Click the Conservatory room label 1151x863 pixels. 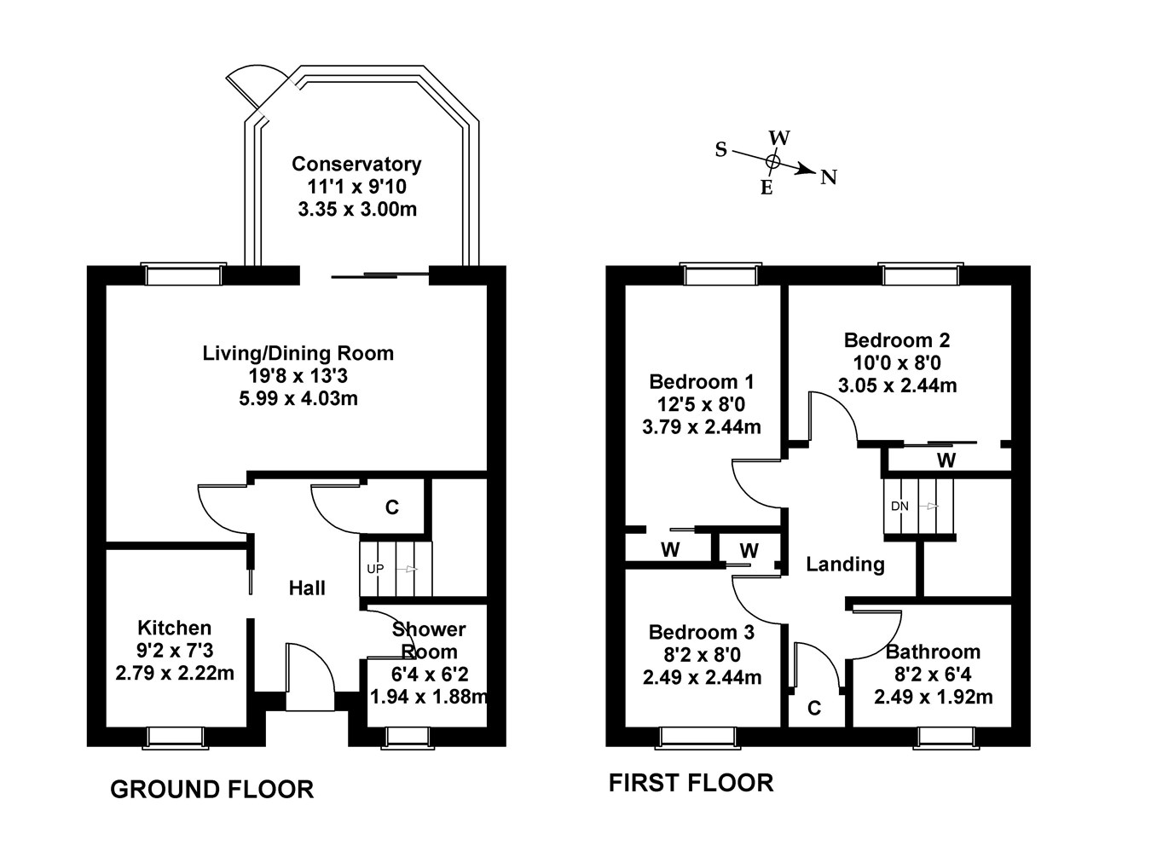click(356, 164)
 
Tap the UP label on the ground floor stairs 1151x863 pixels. click(375, 568)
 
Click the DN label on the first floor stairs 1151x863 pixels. click(899, 506)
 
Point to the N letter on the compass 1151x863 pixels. click(828, 177)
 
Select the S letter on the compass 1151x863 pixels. click(721, 150)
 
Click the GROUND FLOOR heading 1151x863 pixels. click(211, 790)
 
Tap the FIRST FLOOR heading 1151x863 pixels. click(691, 782)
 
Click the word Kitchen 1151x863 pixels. click(174, 628)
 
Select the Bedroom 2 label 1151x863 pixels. click(896, 340)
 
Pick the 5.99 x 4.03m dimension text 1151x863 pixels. click(298, 397)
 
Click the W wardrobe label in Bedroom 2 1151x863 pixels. click(946, 461)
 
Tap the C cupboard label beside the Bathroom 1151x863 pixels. click(814, 708)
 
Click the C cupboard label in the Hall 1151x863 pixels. click(391, 507)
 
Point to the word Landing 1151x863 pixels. click(845, 564)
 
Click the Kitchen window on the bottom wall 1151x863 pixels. click(176, 737)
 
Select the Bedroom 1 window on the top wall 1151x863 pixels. click(720, 274)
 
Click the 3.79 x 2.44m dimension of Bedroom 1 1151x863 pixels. click(701, 426)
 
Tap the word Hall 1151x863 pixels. click(307, 588)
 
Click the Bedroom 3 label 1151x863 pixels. click(701, 632)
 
